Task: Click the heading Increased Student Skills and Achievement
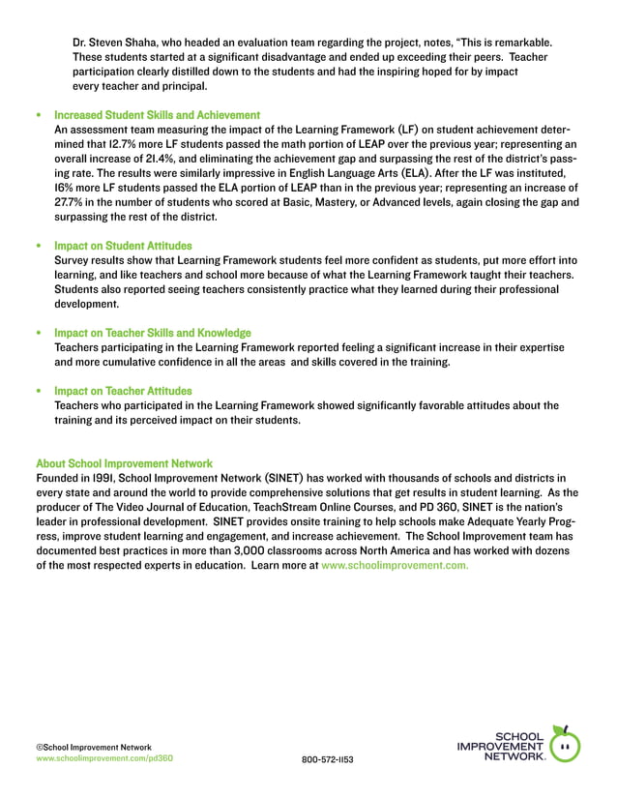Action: pos(158,115)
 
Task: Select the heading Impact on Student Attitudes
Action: pos(123,246)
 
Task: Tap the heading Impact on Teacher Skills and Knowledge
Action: pos(153,333)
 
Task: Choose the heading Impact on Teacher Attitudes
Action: pos(123,391)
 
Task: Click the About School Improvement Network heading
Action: pos(124,463)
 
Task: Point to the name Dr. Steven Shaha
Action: pos(118,43)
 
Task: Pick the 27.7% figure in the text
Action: pos(70,202)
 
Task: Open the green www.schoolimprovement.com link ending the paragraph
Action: pos(395,565)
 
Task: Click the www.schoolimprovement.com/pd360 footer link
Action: pos(104,759)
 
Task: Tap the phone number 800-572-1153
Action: pos(328,760)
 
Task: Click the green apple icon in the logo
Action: pos(564,745)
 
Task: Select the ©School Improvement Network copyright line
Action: pos(94,747)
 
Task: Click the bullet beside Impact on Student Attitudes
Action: pos(39,247)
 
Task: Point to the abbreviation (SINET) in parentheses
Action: pos(281,478)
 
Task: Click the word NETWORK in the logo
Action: pos(514,756)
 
